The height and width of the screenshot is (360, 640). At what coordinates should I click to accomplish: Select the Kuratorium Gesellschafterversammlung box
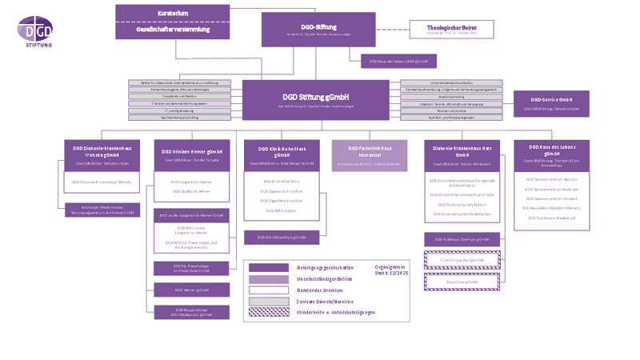[173, 22]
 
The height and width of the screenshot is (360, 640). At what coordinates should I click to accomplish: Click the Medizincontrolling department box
[451, 96]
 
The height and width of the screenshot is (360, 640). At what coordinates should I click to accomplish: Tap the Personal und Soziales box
[451, 110]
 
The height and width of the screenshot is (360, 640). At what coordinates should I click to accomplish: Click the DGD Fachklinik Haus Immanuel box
[369, 155]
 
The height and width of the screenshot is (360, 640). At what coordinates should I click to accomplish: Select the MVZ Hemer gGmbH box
[191, 290]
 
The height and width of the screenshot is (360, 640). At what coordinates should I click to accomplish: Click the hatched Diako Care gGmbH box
[462, 282]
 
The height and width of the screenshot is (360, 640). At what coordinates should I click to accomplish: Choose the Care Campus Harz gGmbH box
[462, 260]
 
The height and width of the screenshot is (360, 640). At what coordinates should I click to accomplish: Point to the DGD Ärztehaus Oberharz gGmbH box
[462, 239]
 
